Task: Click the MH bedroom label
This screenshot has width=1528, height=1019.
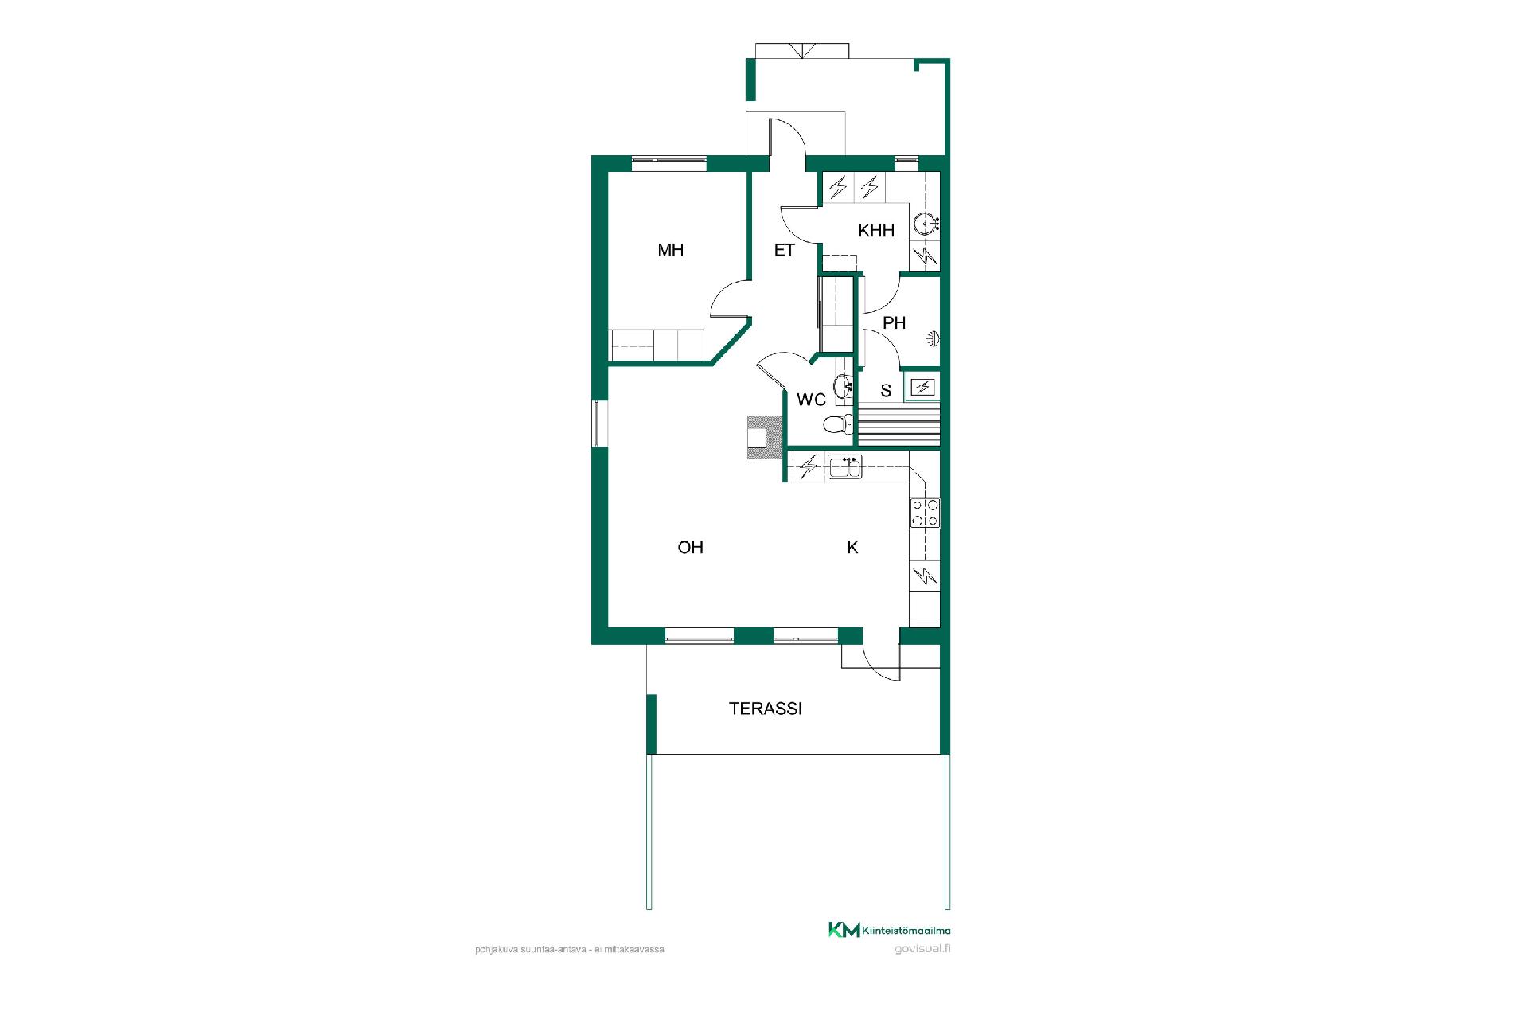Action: coord(671,250)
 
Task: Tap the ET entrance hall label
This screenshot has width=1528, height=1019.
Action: coord(784,250)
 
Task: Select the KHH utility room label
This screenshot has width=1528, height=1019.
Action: coord(876,231)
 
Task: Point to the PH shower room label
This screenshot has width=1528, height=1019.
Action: coord(895,322)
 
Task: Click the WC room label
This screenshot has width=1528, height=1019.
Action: coord(811,400)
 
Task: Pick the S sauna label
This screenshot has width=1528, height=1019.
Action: coord(886,391)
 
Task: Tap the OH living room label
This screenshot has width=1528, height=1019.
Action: coord(690,547)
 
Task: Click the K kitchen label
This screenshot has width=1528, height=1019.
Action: coord(852,547)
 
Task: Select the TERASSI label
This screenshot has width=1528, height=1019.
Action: coord(766,708)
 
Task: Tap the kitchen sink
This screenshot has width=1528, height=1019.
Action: coord(844,467)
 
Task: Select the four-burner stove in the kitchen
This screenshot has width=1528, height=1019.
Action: coord(925,513)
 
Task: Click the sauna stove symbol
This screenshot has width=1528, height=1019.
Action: coord(923,388)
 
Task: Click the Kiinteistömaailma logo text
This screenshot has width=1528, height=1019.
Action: coord(906,930)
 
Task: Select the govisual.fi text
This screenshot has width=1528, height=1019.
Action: coord(922,948)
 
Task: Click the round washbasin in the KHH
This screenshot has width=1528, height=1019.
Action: coord(926,224)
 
